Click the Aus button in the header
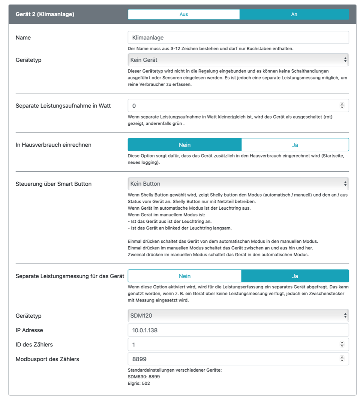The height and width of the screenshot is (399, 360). pos(183,14)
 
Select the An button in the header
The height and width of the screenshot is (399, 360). pos(294,14)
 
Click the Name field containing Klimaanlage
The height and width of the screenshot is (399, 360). pos(238,37)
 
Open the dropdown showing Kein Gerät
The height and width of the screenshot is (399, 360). pos(238,60)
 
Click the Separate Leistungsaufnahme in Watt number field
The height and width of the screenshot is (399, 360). pos(232,106)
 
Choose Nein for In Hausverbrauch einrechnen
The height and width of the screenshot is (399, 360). pos(184,145)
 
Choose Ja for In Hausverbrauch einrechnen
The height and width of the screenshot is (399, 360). pos(295,145)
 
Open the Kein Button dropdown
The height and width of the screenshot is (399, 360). pos(238,184)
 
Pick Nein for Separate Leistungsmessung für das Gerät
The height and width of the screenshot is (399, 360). pos(184,276)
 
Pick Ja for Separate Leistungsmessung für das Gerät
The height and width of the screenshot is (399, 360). pos(295,276)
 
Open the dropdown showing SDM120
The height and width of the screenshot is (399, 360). pos(238,316)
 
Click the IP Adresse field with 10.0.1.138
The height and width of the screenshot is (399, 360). pos(238,330)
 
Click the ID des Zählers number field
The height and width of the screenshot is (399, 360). pos(232,344)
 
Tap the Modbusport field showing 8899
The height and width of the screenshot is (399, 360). pos(232,359)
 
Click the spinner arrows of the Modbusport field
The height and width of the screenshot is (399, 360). pos(342,359)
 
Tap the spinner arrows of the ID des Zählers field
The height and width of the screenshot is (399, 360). pos(342,344)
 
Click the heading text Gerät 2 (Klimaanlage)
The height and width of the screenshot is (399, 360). pos(45,14)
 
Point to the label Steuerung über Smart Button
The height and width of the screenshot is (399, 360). pos(54,184)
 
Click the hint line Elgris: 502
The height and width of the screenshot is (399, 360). pos(139,383)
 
